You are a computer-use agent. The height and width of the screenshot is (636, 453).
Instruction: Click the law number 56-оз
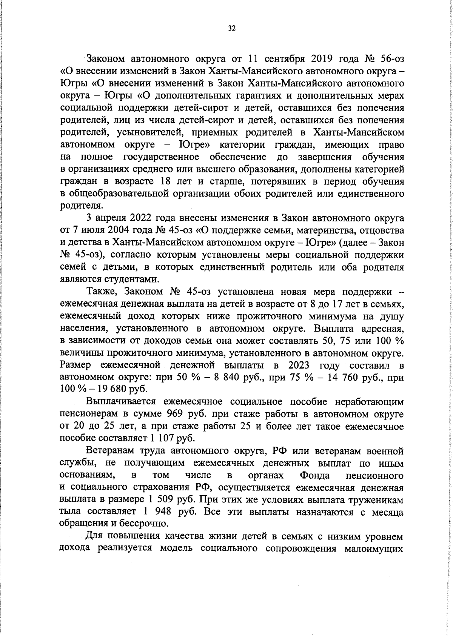pyautogui.click(x=391, y=59)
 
